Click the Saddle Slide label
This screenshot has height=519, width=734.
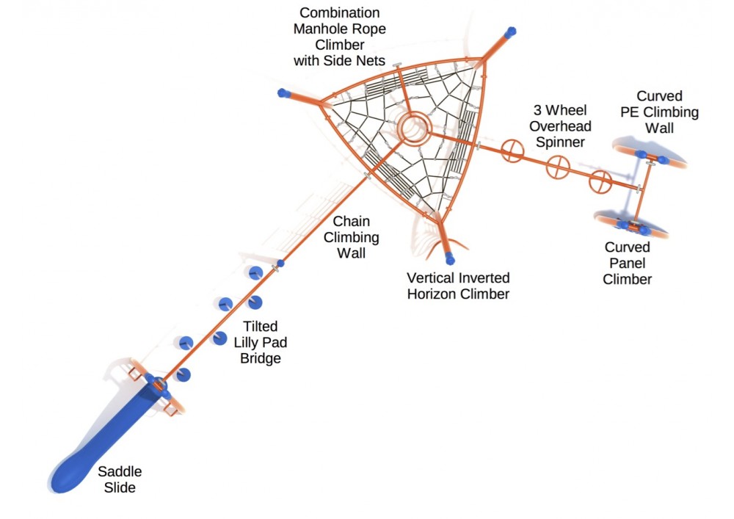(x=119, y=479)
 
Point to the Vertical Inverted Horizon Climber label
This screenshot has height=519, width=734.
(x=458, y=286)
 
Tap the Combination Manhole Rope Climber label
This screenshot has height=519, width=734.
(x=339, y=36)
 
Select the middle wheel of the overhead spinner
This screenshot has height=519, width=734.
(x=557, y=167)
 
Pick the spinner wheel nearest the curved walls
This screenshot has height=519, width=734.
(x=601, y=181)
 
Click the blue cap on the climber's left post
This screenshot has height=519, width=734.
(x=283, y=93)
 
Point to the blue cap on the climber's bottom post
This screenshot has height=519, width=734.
(x=449, y=258)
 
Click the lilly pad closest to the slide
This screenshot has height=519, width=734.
(x=183, y=374)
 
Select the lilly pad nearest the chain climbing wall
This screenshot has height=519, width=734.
(x=255, y=273)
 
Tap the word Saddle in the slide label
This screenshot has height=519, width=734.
(x=120, y=471)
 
